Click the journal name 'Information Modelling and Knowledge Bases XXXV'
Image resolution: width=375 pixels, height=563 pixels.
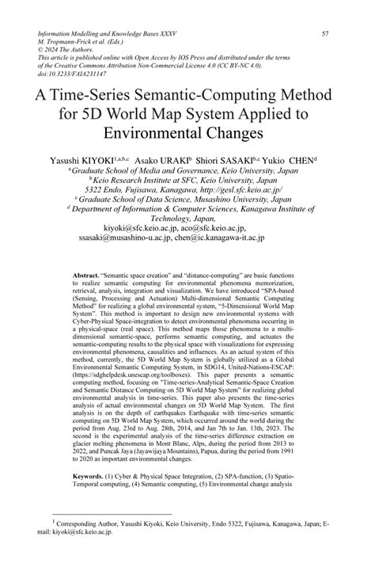click(x=111, y=34)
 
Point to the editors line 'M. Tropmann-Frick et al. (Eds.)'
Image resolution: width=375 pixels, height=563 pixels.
click(x=93, y=44)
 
